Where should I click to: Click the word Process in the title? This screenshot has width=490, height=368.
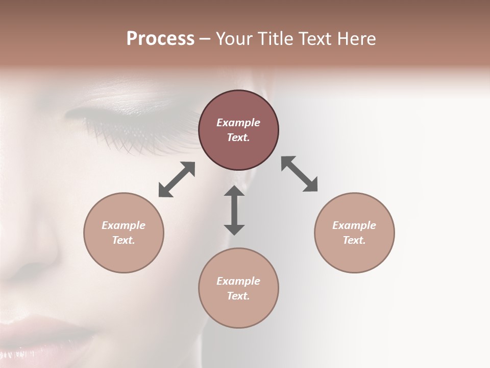point(160,39)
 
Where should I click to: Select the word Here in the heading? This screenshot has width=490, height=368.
point(356,39)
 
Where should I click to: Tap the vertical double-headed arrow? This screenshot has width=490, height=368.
point(234,210)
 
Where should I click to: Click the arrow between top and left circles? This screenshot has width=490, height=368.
point(177,179)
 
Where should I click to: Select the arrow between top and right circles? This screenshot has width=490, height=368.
point(299,174)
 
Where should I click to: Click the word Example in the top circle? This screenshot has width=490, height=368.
point(238,123)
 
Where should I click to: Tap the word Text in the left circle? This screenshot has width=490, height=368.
point(124,240)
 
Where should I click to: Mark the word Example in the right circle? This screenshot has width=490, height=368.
point(354,225)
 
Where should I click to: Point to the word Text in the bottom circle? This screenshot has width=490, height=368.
point(238,296)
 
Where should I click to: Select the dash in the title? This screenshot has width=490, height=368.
point(205,39)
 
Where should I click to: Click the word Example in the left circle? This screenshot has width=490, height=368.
point(124,225)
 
